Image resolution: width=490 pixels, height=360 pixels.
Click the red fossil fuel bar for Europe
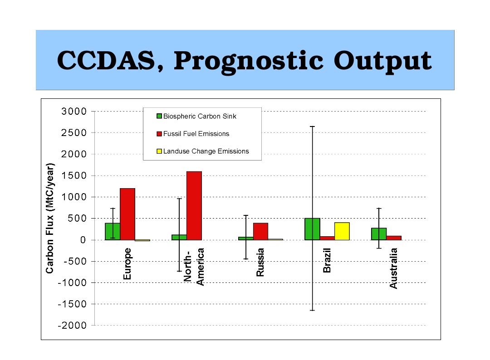(127, 214)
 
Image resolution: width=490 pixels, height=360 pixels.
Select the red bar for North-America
(194, 205)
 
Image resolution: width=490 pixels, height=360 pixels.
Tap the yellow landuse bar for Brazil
(342, 231)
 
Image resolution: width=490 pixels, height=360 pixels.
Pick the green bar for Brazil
(312, 229)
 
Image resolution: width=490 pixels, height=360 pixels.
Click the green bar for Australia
(379, 234)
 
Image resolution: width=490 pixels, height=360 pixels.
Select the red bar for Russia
(260, 231)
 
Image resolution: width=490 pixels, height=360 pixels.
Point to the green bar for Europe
(113, 231)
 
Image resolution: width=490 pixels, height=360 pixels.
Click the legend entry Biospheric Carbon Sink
(200, 116)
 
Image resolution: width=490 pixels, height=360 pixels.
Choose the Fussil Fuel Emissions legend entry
(196, 134)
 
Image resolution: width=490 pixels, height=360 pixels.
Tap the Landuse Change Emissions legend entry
(206, 151)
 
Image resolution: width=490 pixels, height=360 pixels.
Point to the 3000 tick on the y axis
(74, 112)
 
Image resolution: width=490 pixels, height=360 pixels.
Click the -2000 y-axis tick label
(72, 326)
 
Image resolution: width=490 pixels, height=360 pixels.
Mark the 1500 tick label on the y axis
(74, 176)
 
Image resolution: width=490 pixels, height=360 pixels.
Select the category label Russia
(260, 263)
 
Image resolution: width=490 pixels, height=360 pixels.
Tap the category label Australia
(393, 268)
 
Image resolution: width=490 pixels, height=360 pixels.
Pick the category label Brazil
(327, 261)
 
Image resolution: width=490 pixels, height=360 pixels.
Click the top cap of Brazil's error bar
(312, 126)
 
